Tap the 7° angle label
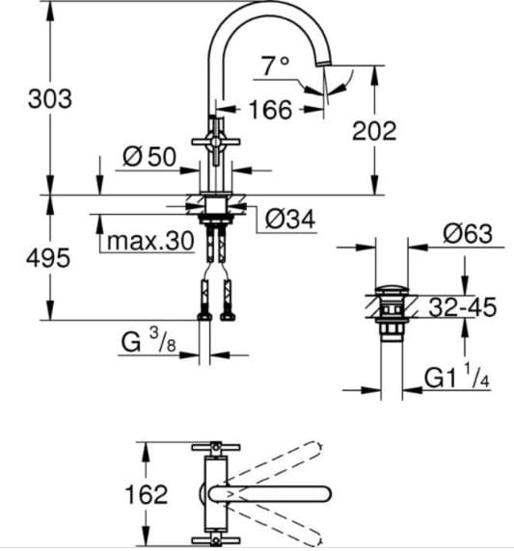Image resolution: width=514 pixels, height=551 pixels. point(275,66)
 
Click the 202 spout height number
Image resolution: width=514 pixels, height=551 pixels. point(373,131)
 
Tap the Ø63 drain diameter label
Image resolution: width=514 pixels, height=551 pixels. point(468,233)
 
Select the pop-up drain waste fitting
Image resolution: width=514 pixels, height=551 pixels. point(392,310)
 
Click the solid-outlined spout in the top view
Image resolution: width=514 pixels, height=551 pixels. point(270,493)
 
